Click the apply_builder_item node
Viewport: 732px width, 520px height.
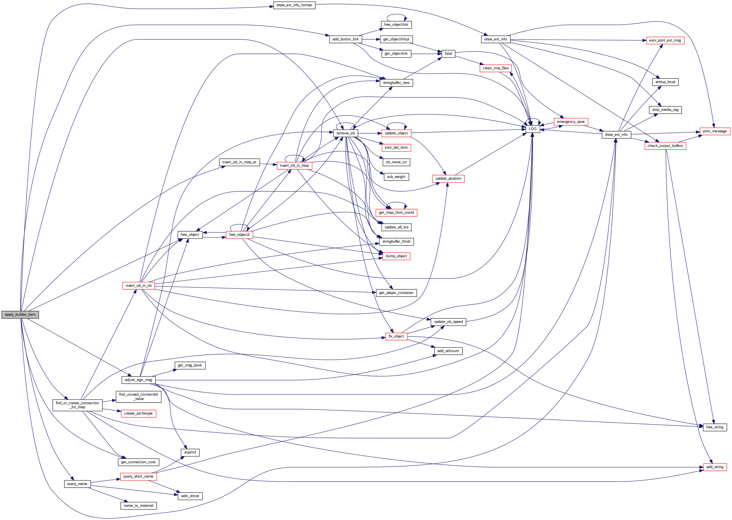pyautogui.click(x=20, y=314)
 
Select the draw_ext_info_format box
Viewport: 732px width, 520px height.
pyautogui.click(x=294, y=5)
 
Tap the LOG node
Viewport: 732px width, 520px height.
pyautogui.click(x=533, y=129)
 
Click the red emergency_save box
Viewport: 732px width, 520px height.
pyautogui.click(x=571, y=122)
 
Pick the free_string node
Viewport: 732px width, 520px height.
pyautogui.click(x=715, y=427)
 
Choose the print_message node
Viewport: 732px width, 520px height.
pyautogui.click(x=715, y=131)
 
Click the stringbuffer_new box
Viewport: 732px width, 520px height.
pyautogui.click(x=396, y=83)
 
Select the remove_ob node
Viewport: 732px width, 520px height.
pyautogui.click(x=346, y=133)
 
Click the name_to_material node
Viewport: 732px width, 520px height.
pyautogui.click(x=138, y=506)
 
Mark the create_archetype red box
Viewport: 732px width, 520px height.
pyautogui.click(x=138, y=413)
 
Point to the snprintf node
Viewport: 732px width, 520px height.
pyautogui.click(x=190, y=452)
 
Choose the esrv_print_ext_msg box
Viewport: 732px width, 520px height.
pyautogui.click(x=665, y=40)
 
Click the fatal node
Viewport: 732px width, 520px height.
pyautogui.click(x=448, y=54)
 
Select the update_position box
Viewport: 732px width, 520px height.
pyautogui.click(x=448, y=178)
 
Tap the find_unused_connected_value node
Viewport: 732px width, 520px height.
pyautogui.click(x=138, y=397)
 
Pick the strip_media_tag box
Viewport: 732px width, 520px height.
pyautogui.click(x=665, y=109)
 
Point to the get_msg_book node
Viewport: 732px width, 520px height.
pyautogui.click(x=190, y=365)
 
